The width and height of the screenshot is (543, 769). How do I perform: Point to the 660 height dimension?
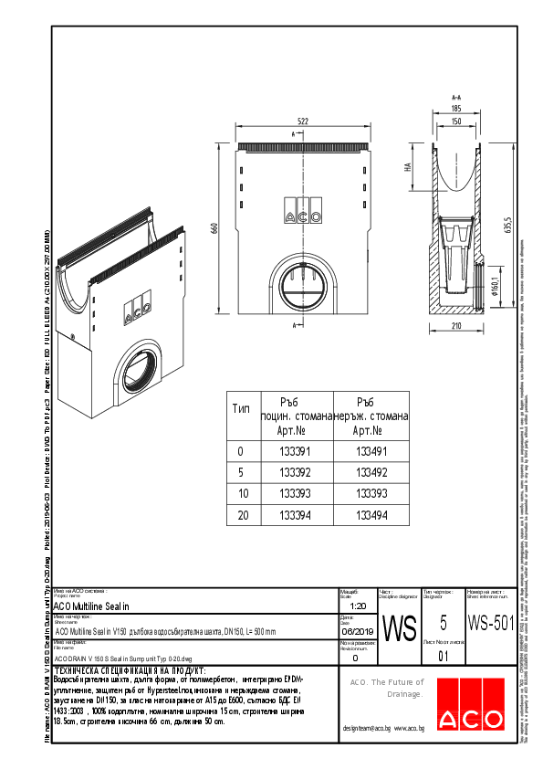click(214, 229)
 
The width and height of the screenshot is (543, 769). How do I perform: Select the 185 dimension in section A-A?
click(455, 109)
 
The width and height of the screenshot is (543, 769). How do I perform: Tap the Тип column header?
click(241, 409)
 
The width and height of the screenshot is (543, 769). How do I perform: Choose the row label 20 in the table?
click(241, 514)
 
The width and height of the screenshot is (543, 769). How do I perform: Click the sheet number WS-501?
click(489, 624)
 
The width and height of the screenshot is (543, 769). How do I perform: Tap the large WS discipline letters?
click(399, 628)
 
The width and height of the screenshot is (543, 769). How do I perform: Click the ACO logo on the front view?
click(303, 216)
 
